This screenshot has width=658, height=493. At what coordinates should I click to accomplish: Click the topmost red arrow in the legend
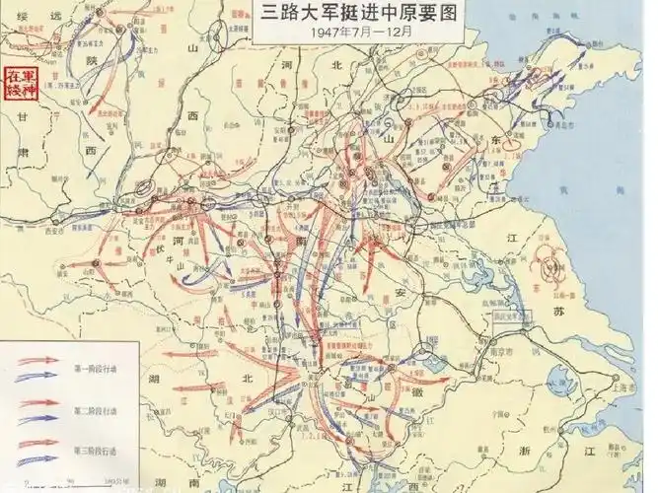(38, 359)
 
